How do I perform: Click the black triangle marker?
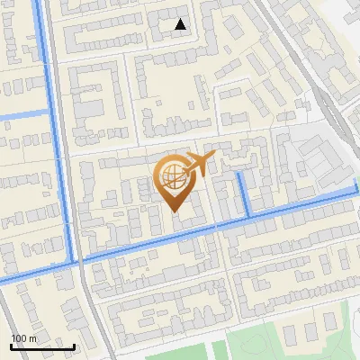pyautogui.click(x=181, y=24)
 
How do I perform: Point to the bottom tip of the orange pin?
pyautogui.click(x=175, y=212)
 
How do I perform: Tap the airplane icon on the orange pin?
pyautogui.click(x=199, y=164)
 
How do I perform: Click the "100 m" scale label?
pyautogui.click(x=24, y=338)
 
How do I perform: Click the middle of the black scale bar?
pyautogui.click(x=42, y=346)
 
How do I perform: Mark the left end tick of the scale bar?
pyautogui.click(x=11, y=346)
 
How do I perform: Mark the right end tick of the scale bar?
pyautogui.click(x=74, y=346)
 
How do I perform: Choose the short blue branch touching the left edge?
pyautogui.click(x=22, y=114)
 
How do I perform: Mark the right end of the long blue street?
pyautogui.click(x=355, y=191)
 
